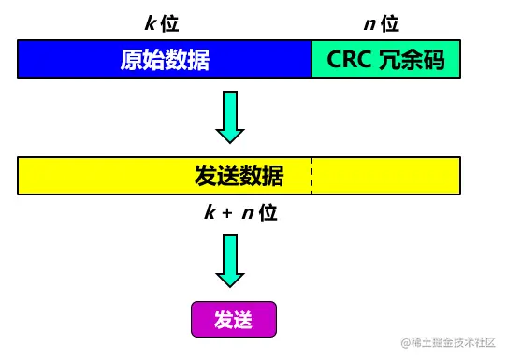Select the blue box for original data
[x=165, y=60]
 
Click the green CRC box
[x=385, y=60]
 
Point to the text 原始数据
[x=165, y=60]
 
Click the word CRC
[x=351, y=60]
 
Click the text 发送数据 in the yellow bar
[x=239, y=176]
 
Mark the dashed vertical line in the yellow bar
[x=311, y=176]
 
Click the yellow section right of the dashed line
[x=385, y=176]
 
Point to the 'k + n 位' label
[x=240, y=212]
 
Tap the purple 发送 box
[x=234, y=319]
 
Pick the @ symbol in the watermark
[x=407, y=343]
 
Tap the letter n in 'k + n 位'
[x=248, y=213]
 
